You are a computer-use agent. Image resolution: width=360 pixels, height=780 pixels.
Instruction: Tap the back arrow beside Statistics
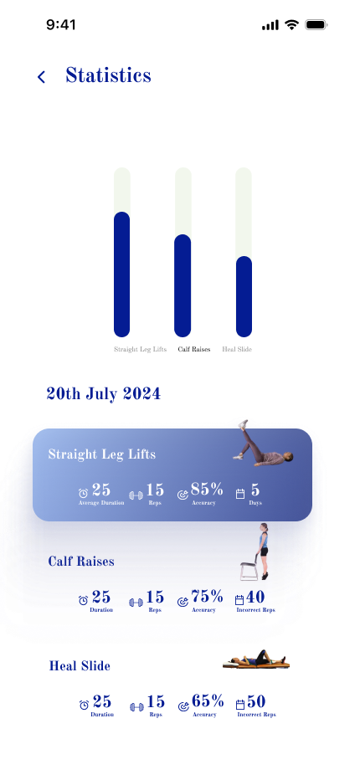[x=41, y=77]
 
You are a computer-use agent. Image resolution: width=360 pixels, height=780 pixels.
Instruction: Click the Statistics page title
[x=108, y=75]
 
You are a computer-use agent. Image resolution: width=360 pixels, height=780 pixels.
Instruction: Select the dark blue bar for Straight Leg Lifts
[x=122, y=275]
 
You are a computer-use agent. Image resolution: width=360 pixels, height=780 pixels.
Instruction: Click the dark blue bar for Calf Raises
[x=183, y=285]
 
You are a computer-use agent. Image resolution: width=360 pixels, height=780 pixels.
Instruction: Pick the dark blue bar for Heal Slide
[x=244, y=296]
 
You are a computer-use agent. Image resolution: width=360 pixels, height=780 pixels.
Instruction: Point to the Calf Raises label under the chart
[x=194, y=349]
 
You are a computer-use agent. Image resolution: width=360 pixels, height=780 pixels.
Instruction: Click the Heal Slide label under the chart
[x=237, y=349]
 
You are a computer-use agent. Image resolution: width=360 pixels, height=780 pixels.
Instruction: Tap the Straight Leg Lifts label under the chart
[x=141, y=349]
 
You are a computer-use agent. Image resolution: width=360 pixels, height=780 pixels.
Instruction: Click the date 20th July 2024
[x=104, y=394]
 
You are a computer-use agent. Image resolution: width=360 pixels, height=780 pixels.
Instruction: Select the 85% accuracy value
[x=207, y=490]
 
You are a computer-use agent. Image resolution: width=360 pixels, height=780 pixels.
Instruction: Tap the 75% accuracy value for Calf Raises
[x=207, y=596]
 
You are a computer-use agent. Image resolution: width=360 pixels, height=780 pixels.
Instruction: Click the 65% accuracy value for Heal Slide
[x=208, y=701]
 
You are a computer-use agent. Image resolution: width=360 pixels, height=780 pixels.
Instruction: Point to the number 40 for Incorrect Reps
[x=255, y=597]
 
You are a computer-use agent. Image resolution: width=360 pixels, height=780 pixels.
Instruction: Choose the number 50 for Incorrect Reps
[x=256, y=702]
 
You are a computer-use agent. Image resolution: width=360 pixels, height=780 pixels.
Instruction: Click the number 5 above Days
[x=255, y=490]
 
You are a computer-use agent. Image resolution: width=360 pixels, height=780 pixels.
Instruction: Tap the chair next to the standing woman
[x=249, y=567]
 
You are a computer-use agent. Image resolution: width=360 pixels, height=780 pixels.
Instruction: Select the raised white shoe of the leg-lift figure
[x=243, y=423]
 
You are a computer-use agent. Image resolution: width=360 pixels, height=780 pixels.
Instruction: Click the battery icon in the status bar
[x=316, y=25]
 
